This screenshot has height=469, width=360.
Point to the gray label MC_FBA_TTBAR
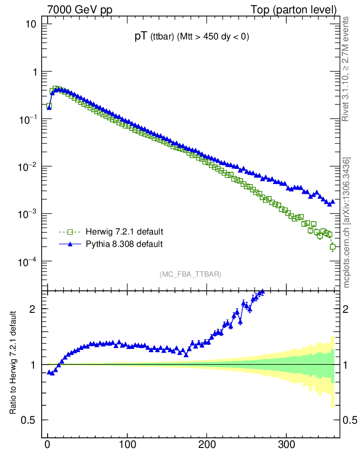point(190,274)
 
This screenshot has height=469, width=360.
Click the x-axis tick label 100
point(127,444)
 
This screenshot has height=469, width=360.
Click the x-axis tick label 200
point(207,444)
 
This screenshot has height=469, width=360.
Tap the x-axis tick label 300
point(286,444)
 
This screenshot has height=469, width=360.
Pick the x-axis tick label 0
point(48,444)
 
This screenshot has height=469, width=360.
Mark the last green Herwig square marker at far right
point(333,247)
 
